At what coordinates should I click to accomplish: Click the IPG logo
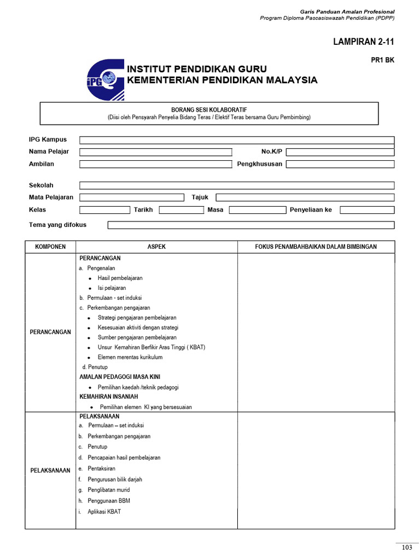pyautogui.click(x=105, y=80)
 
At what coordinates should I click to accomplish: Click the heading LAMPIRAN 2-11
pyautogui.click(x=364, y=42)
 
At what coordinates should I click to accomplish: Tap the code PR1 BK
pyautogui.click(x=382, y=61)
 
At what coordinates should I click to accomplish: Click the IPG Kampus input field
pyautogui.click(x=237, y=140)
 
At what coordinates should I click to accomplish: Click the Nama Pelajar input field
pyautogui.click(x=156, y=152)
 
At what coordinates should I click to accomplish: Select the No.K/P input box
pyautogui.click(x=340, y=152)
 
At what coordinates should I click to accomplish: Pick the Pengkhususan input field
pyautogui.click(x=340, y=164)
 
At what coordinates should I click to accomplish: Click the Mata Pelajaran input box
pyautogui.click(x=132, y=197)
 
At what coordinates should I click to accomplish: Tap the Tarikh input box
pyautogui.click(x=181, y=210)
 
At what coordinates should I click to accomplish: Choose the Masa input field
pyautogui.click(x=257, y=210)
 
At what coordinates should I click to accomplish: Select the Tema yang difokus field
pyautogui.click(x=250, y=225)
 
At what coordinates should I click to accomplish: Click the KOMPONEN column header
pyautogui.click(x=50, y=247)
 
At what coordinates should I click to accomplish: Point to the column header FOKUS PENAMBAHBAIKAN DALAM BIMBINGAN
pyautogui.click(x=316, y=247)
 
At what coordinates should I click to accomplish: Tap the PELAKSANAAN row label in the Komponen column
pyautogui.click(x=50, y=470)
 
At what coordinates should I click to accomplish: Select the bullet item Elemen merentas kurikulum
pyautogui.click(x=130, y=357)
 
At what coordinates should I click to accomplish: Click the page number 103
pyautogui.click(x=406, y=548)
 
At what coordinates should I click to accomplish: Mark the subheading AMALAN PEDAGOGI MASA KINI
pyautogui.click(x=120, y=377)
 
